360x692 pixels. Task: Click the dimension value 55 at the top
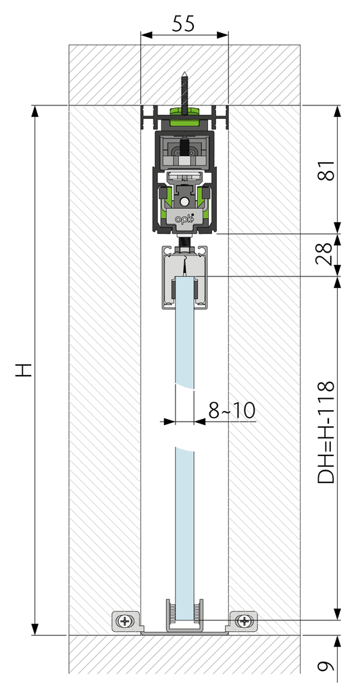click(x=183, y=24)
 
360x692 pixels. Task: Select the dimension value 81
click(x=327, y=170)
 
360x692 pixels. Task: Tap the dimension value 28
click(x=327, y=254)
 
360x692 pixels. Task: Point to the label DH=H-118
click(x=327, y=432)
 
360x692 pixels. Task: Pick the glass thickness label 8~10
click(x=232, y=410)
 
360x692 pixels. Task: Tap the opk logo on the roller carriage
click(x=184, y=218)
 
